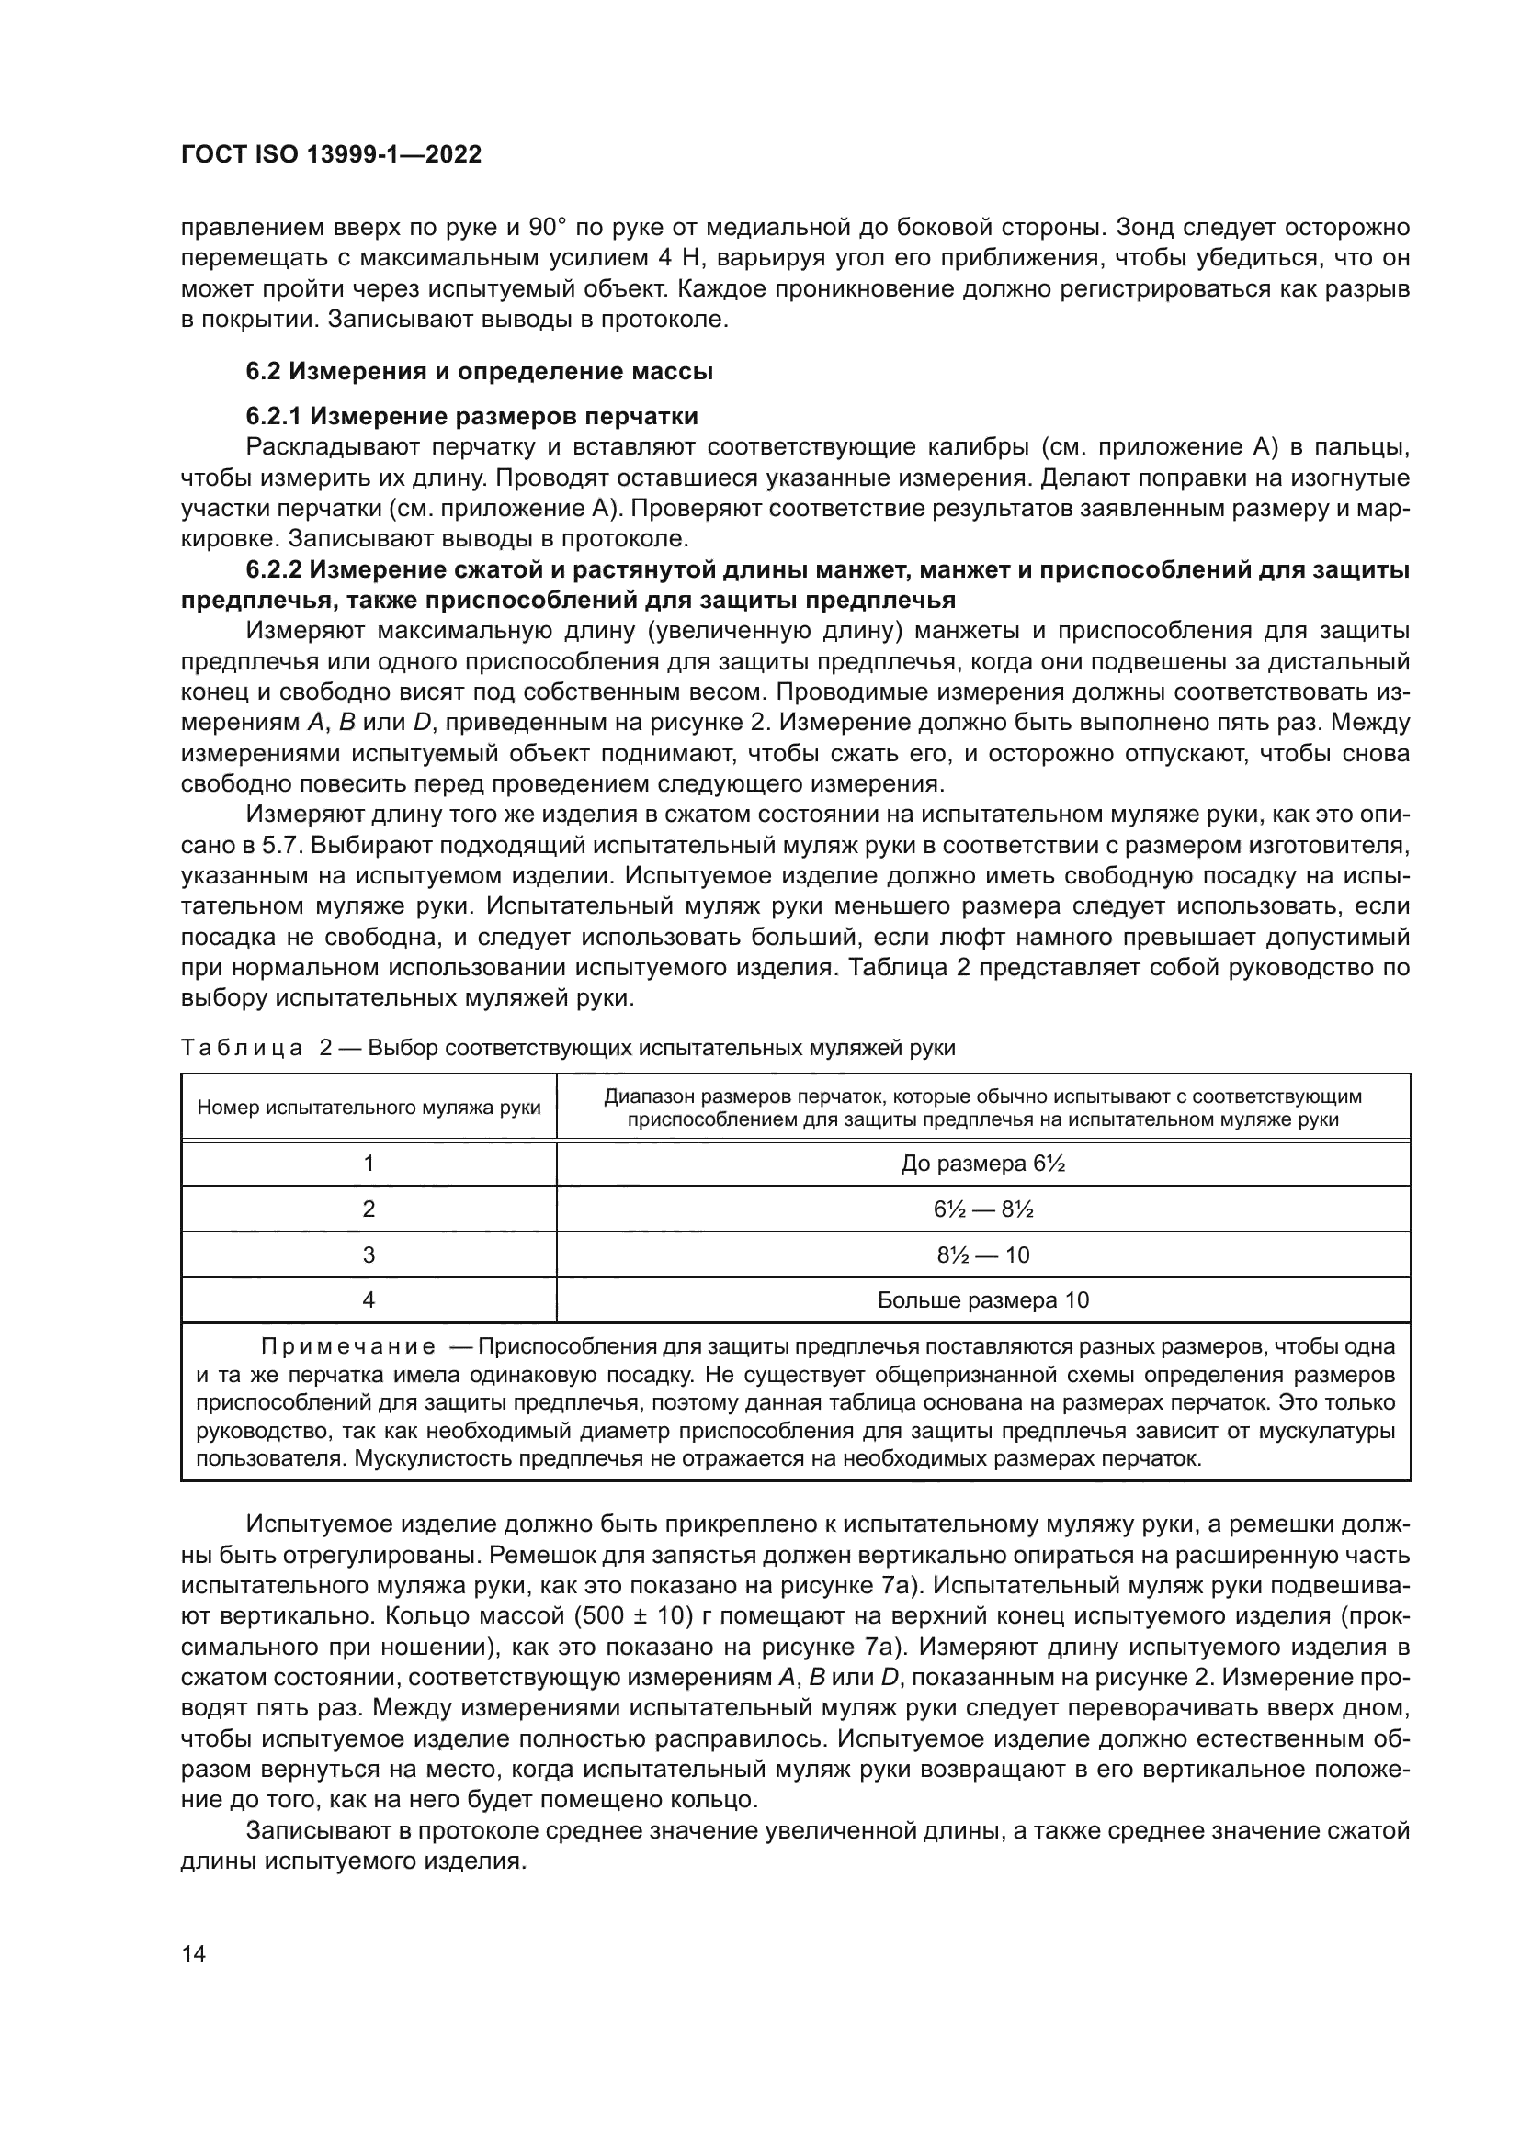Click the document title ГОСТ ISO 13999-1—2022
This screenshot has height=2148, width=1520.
click(332, 154)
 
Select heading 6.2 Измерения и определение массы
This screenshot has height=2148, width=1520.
click(479, 371)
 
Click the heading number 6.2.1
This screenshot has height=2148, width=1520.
click(275, 415)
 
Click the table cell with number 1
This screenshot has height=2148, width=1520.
click(369, 1163)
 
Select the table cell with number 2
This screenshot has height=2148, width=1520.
click(369, 1209)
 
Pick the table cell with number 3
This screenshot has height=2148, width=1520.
click(369, 1254)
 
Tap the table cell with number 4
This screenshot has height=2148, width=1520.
click(369, 1299)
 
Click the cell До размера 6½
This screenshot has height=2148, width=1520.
click(982, 1164)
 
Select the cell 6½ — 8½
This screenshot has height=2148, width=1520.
click(982, 1209)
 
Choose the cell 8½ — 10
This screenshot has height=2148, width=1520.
click(982, 1254)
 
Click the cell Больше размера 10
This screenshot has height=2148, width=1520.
click(982, 1299)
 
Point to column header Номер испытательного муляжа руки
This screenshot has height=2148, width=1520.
click(369, 1108)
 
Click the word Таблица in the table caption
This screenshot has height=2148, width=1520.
click(241, 1047)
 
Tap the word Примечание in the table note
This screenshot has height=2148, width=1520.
click(347, 1346)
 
